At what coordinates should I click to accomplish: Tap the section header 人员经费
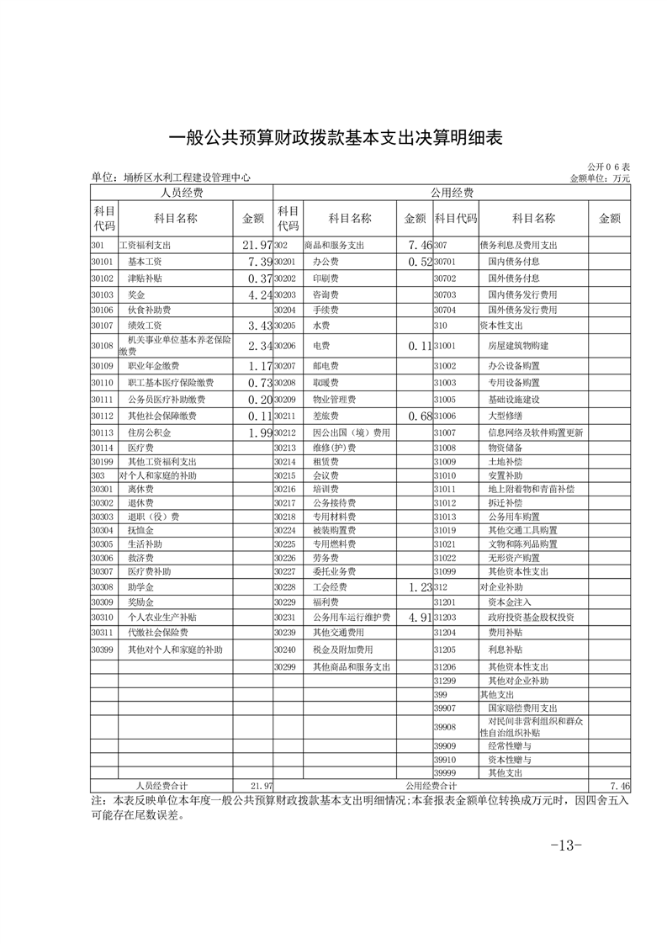(182, 193)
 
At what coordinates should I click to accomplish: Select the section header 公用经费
(452, 193)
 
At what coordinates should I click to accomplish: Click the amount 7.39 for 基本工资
(255, 262)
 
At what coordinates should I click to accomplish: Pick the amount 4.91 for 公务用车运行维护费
(416, 618)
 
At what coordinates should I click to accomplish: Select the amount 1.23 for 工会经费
(416, 587)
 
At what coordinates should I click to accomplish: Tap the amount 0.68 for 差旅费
(416, 416)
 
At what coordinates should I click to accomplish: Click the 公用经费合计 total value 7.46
(619, 784)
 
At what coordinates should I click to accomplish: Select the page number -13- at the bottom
(565, 845)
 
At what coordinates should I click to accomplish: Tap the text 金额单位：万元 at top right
(599, 178)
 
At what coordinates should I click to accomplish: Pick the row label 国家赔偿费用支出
(522, 708)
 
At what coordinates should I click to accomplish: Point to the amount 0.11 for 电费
(416, 346)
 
